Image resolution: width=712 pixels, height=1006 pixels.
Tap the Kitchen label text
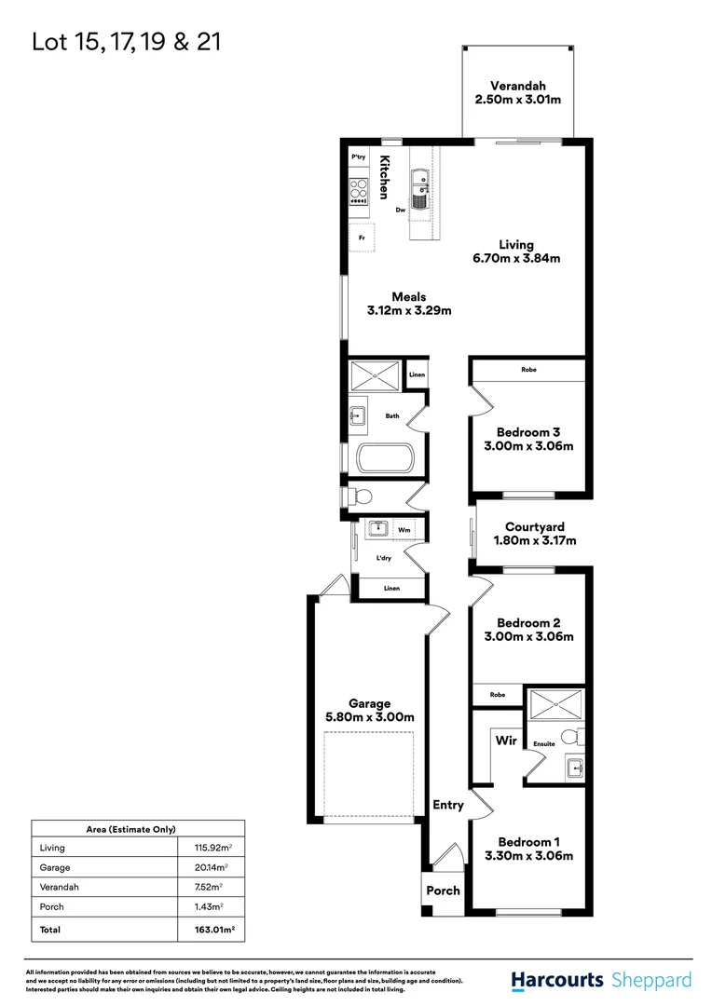click(x=383, y=177)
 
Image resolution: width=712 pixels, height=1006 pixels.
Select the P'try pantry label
click(x=358, y=158)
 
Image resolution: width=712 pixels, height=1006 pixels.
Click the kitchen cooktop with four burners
click(x=359, y=191)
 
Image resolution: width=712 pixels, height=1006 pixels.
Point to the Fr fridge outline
click(x=362, y=238)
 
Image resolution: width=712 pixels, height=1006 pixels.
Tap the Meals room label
click(x=408, y=297)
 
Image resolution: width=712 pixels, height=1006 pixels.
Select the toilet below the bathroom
click(x=361, y=496)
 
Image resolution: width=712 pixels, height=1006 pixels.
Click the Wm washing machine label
click(x=404, y=530)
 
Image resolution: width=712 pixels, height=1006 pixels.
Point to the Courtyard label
click(x=535, y=527)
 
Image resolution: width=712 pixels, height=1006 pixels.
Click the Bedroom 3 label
click(x=528, y=432)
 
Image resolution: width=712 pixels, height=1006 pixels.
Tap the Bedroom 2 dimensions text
click(x=528, y=637)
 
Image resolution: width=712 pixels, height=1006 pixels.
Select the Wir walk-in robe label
click(x=506, y=741)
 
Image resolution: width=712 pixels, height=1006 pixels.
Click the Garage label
click(x=370, y=703)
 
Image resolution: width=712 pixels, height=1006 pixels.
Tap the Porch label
click(x=443, y=890)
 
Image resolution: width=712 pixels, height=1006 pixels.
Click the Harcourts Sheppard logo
click(x=601, y=980)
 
